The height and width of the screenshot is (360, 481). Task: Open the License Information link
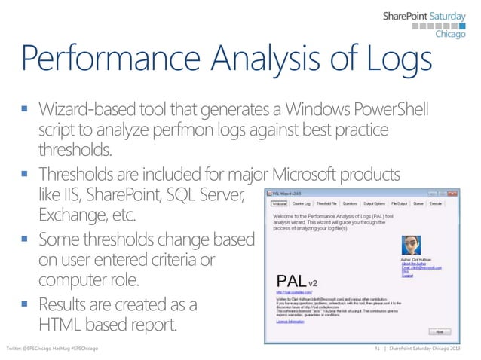(x=291, y=322)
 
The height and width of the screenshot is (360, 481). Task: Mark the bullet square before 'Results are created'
(x=25, y=306)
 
